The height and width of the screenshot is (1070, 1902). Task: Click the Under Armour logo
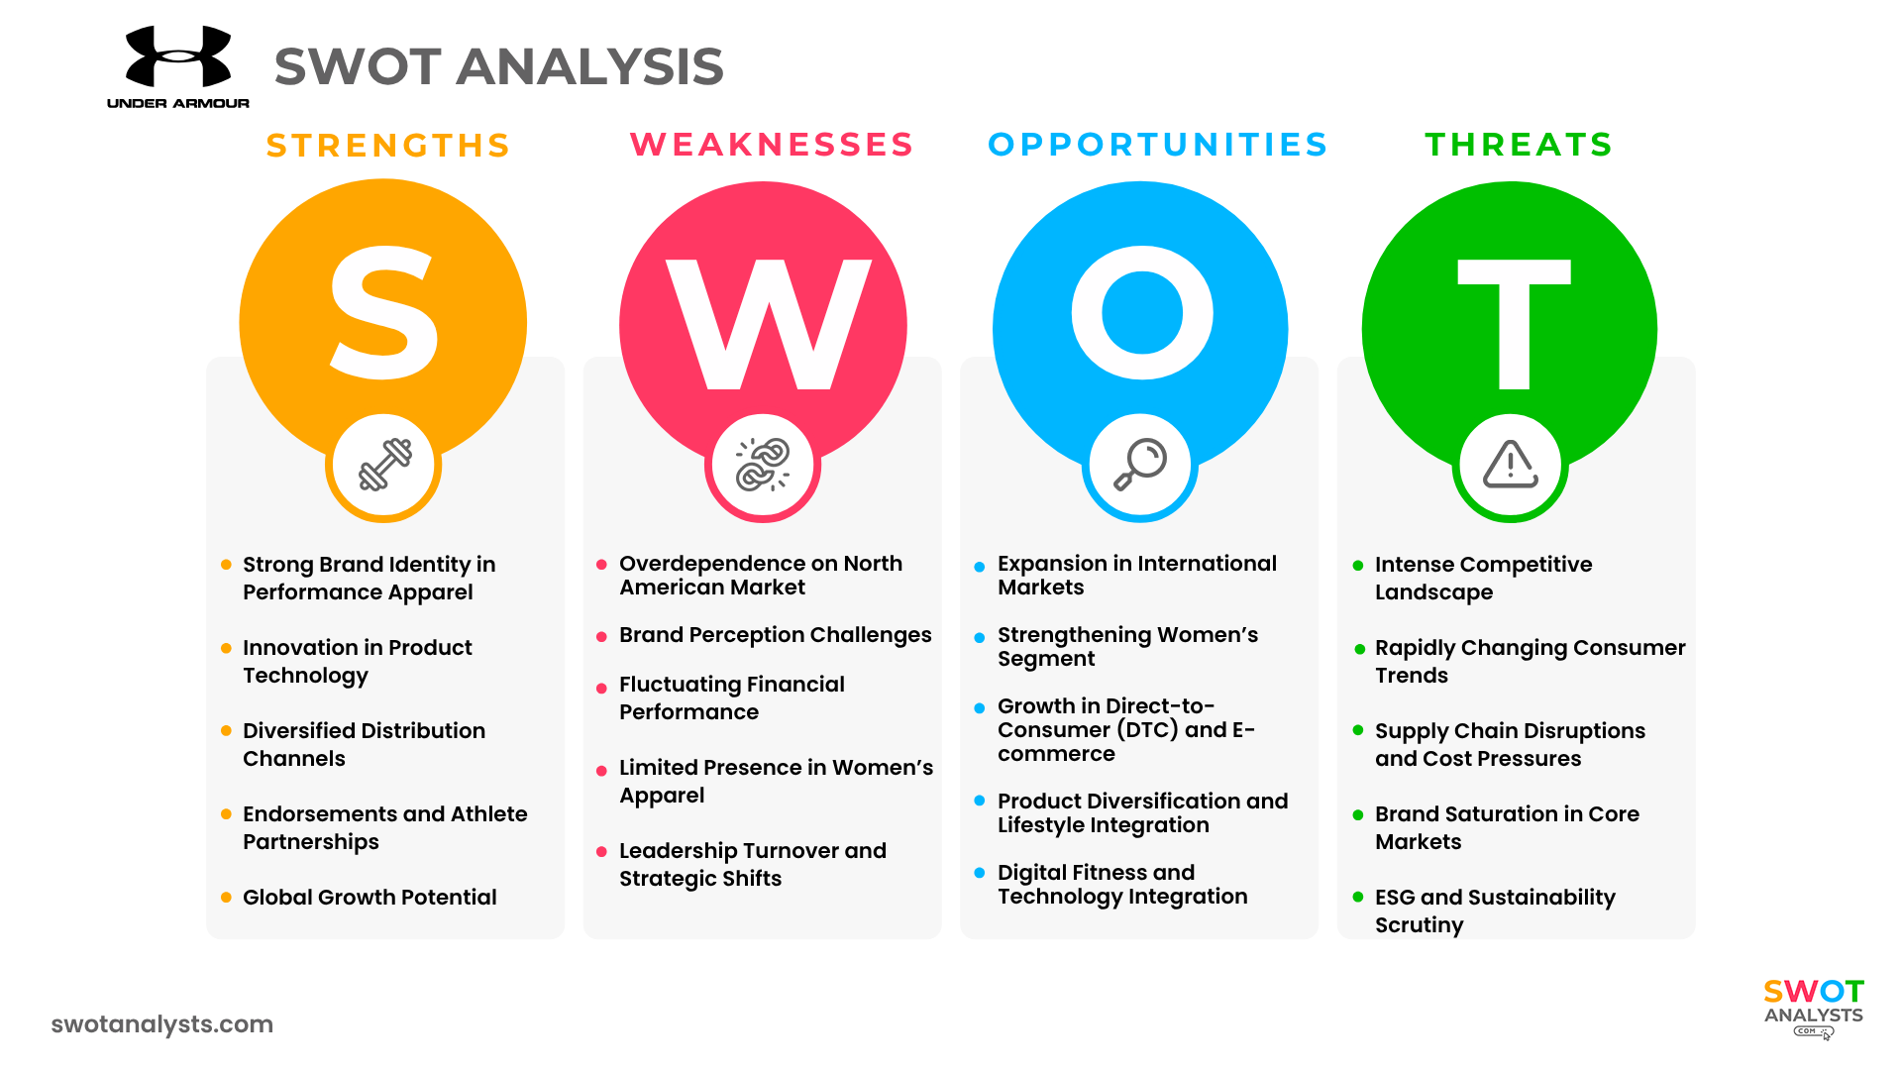pyautogui.click(x=178, y=66)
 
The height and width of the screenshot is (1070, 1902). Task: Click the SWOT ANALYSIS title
pyautogui.click(x=499, y=66)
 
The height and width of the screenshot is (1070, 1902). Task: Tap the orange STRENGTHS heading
pyautogui.click(x=388, y=146)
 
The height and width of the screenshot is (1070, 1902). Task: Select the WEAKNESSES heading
pyautogui.click(x=772, y=145)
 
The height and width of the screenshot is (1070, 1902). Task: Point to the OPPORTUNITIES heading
pyautogui.click(x=1158, y=145)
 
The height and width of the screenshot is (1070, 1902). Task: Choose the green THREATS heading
pyautogui.click(x=1520, y=145)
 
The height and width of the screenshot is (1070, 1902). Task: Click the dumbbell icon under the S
pyautogui.click(x=384, y=465)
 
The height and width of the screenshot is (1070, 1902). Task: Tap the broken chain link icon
pyautogui.click(x=763, y=465)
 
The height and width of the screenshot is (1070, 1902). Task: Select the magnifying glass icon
pyautogui.click(x=1140, y=465)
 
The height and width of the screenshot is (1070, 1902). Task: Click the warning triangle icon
pyautogui.click(x=1511, y=465)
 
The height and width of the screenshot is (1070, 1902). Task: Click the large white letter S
pyautogui.click(x=383, y=313)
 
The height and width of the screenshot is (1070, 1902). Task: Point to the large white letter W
pyautogui.click(x=768, y=324)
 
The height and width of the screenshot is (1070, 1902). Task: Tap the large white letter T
pyautogui.click(x=1514, y=324)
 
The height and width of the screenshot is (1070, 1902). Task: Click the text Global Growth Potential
pyautogui.click(x=370, y=898)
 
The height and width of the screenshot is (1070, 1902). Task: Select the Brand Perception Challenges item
pyautogui.click(x=776, y=635)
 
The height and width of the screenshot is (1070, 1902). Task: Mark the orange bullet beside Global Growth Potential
pyautogui.click(x=226, y=898)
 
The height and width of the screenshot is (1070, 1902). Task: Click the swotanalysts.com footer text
pyautogui.click(x=162, y=1024)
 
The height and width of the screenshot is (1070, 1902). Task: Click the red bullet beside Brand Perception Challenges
pyautogui.click(x=601, y=637)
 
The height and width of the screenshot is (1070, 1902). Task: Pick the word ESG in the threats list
pyautogui.click(x=1395, y=898)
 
